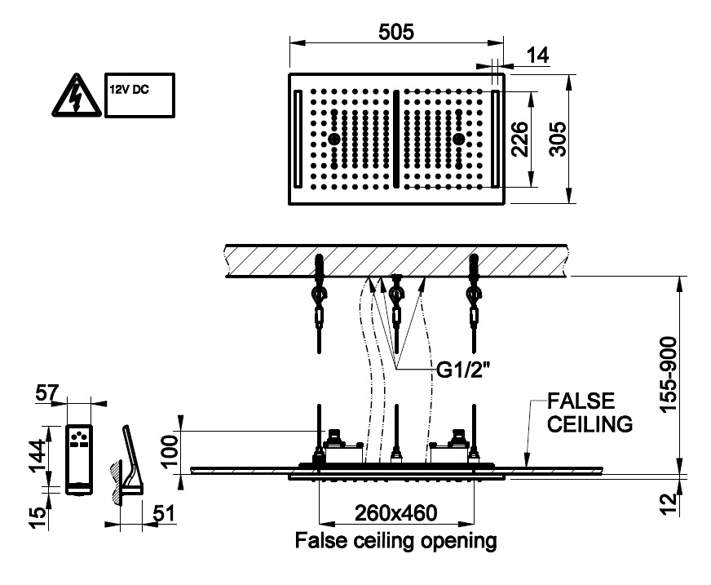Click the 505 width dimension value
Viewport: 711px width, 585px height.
click(397, 32)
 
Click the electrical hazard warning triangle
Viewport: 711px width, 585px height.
click(73, 97)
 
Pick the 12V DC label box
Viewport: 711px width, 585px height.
click(139, 96)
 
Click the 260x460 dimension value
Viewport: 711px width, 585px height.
click(395, 513)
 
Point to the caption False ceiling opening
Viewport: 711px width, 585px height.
click(395, 540)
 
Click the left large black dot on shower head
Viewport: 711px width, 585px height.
click(333, 140)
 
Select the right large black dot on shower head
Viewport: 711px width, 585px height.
click(458, 140)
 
